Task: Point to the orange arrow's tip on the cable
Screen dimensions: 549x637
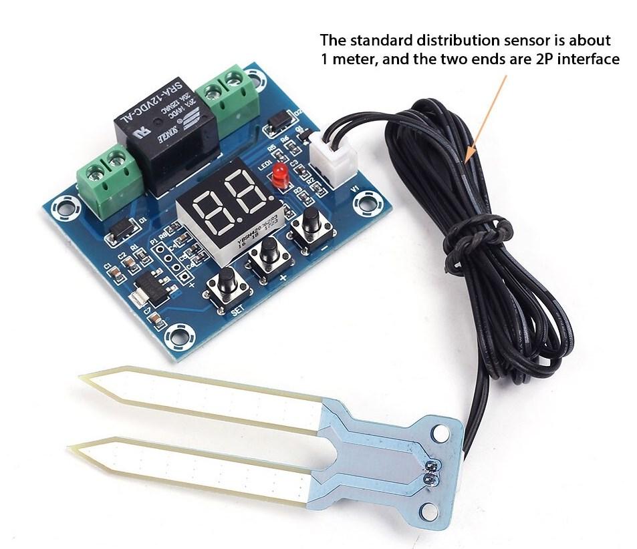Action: pos(466,160)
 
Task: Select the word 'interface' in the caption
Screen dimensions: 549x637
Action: pos(589,59)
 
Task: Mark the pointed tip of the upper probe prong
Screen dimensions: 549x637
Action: pos(82,378)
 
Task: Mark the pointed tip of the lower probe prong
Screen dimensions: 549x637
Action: pos(72,449)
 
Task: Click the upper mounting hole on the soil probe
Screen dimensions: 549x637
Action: pos(439,432)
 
